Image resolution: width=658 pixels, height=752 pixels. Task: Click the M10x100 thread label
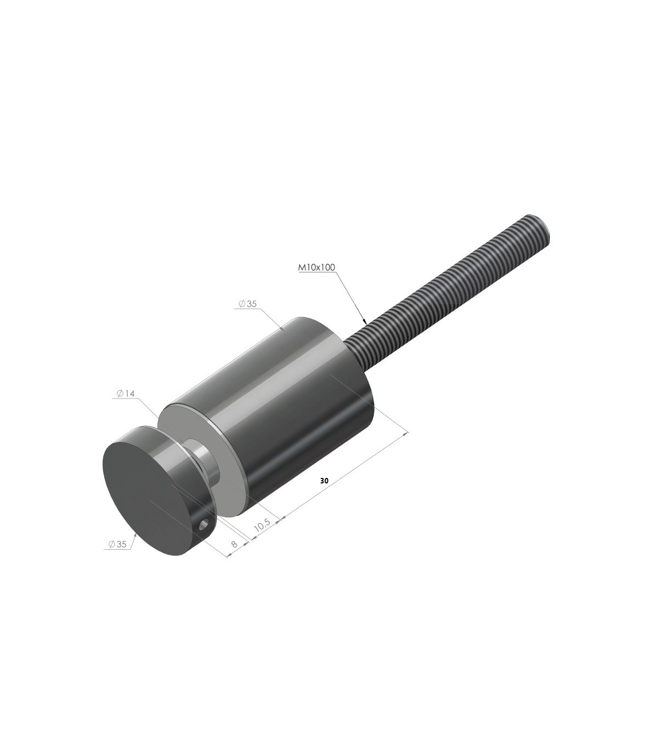tap(316, 267)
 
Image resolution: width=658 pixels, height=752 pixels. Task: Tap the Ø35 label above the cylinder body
tap(247, 304)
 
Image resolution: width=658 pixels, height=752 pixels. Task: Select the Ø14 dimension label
tap(126, 394)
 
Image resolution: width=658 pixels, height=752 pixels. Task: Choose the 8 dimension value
tap(234, 543)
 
